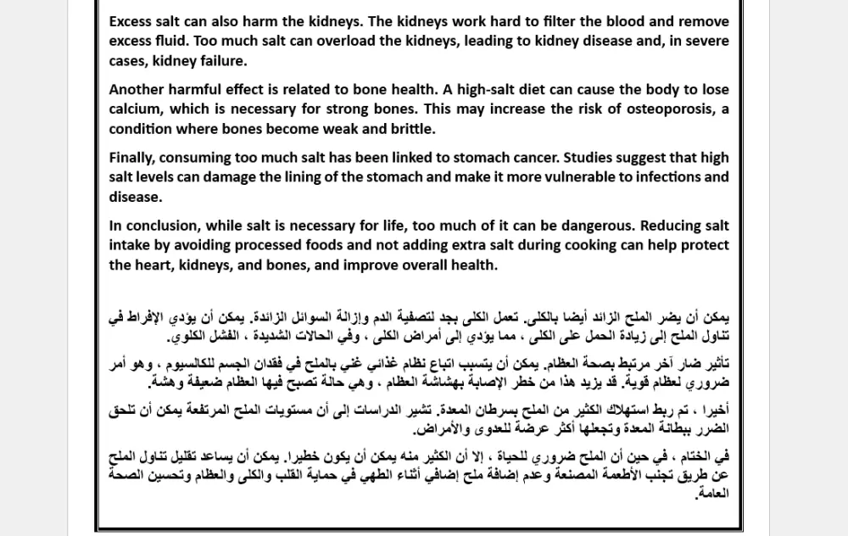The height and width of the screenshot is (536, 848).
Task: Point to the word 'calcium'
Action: tap(135, 109)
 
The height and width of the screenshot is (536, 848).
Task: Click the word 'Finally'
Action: tap(132, 157)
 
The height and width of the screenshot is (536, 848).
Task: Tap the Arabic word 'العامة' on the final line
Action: tap(712, 493)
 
